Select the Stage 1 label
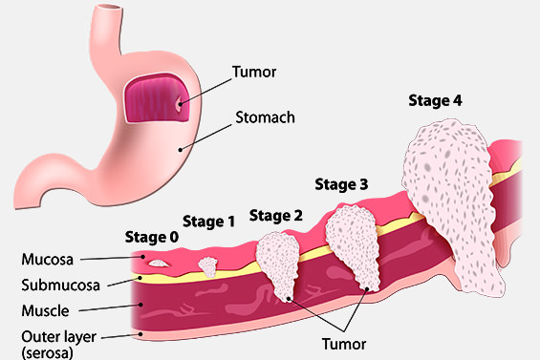(208, 222)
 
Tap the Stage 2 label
(275, 216)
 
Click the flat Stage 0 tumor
(157, 259)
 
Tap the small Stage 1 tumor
(208, 265)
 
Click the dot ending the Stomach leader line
(177, 147)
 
